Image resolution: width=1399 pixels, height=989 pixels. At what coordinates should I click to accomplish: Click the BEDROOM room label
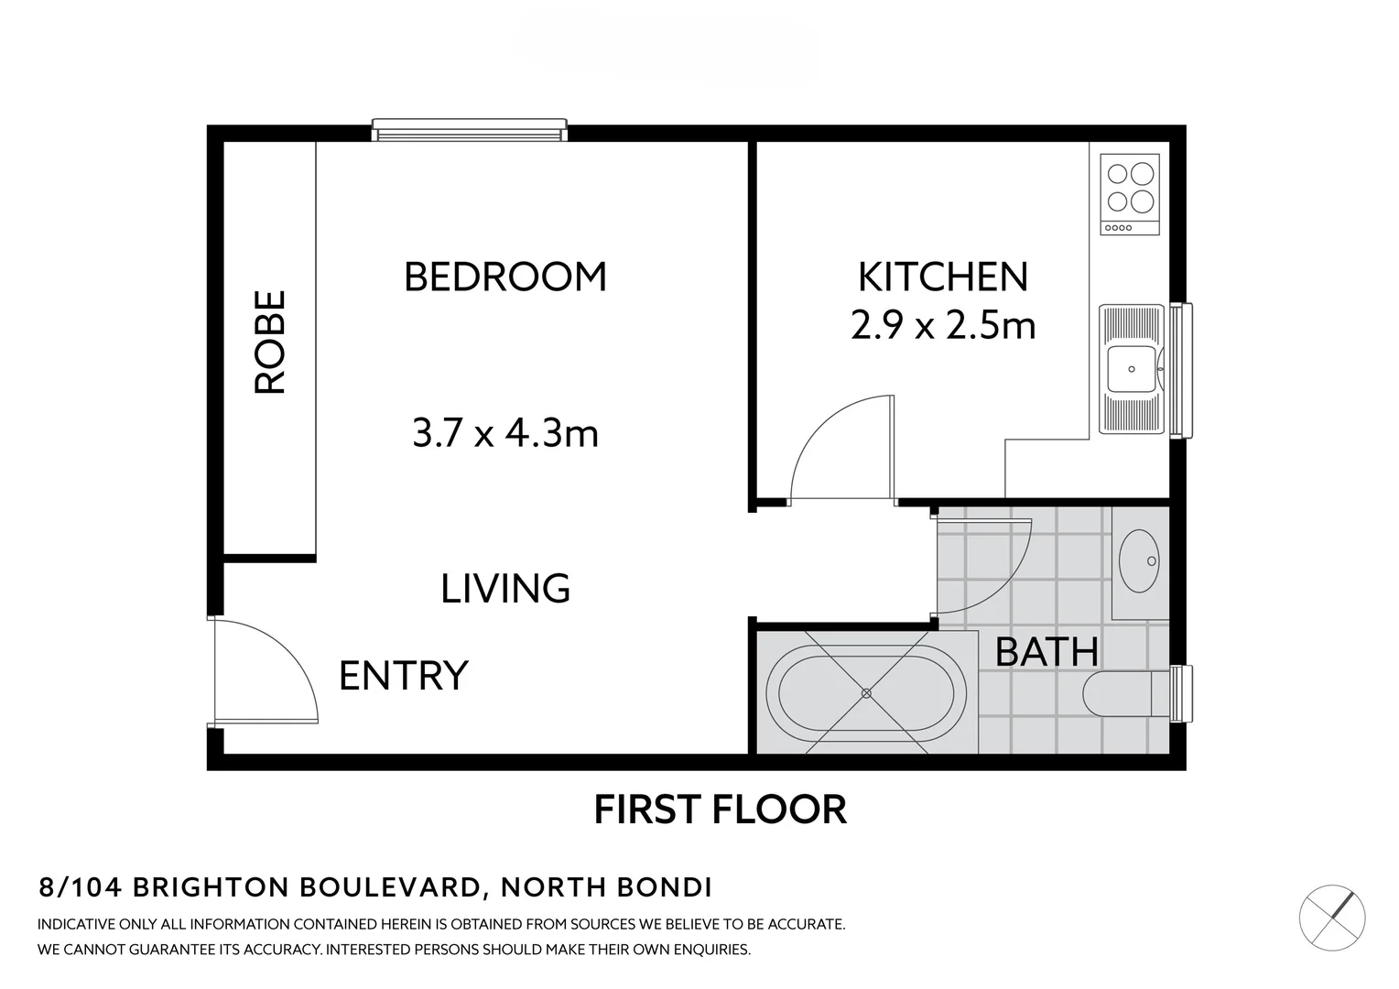coord(505,277)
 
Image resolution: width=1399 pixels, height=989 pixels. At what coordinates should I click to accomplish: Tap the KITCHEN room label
coord(942,277)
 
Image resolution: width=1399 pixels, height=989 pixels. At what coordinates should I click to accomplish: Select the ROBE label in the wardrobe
coord(271,342)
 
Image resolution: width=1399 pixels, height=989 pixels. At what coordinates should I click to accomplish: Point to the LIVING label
coord(505,588)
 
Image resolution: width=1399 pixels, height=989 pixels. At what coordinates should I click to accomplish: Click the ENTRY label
coord(404,676)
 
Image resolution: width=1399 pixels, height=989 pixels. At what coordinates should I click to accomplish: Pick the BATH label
coord(1047,652)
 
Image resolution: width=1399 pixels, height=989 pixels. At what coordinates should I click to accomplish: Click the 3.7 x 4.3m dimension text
coord(505,433)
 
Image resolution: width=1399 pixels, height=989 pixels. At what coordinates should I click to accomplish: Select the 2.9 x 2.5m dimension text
coord(942,325)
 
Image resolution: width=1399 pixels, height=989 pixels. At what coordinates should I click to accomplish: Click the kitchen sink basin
coord(1132,369)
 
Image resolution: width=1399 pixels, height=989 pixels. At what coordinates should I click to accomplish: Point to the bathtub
coord(866,693)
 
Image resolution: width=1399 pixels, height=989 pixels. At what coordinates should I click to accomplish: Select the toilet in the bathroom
coord(1122,694)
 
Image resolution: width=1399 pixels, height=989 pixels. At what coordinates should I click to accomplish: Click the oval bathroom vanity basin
coord(1141,560)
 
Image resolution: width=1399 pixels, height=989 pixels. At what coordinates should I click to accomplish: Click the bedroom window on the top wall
coord(469,130)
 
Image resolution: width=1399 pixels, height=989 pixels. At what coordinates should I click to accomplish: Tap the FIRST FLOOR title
coord(721,810)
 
